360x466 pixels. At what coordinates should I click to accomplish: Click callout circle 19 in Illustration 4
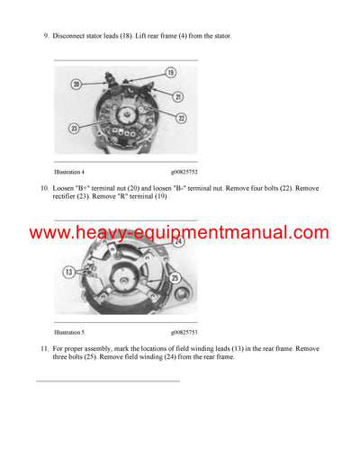pyautogui.click(x=170, y=71)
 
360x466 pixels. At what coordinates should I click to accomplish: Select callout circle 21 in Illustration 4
pyautogui.click(x=178, y=96)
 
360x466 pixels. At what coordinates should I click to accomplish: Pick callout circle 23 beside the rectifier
pyautogui.click(x=74, y=128)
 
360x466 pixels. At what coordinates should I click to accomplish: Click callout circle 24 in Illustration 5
pyautogui.click(x=179, y=241)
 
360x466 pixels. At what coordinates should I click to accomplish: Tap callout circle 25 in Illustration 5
pyautogui.click(x=174, y=277)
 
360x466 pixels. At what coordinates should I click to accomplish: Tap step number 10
pyautogui.click(x=44, y=187)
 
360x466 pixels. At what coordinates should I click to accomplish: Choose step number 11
pyautogui.click(x=44, y=347)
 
